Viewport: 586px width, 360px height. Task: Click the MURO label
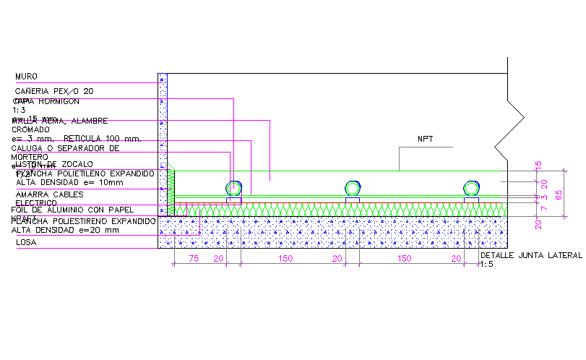[x=26, y=76]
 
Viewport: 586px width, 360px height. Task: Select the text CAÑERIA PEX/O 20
[x=54, y=91]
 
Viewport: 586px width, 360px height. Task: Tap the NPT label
[x=424, y=139]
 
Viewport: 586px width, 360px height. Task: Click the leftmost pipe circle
[x=233, y=189]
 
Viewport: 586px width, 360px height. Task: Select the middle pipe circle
[x=352, y=189]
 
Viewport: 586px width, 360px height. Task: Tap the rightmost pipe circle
[x=470, y=189]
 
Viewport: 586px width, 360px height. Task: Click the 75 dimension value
[x=194, y=258]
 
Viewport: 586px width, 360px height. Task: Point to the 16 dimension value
[x=538, y=166]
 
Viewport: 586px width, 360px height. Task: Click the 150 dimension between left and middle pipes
[x=286, y=258]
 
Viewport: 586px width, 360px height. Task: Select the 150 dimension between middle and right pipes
[x=405, y=258]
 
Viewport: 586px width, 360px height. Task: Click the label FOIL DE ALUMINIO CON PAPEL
[x=72, y=210]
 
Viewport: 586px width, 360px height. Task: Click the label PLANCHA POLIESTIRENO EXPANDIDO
[x=83, y=220]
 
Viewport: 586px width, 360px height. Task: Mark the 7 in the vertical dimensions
[x=538, y=207]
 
